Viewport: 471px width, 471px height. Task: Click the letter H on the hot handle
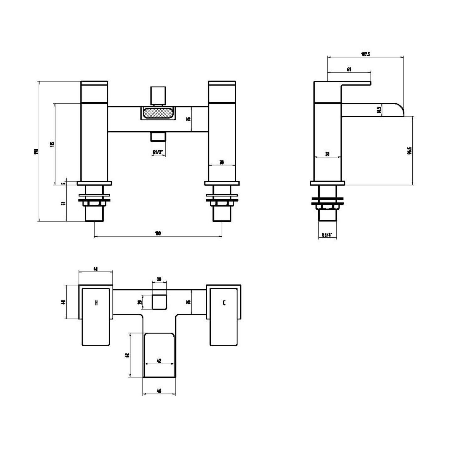[x=96, y=303]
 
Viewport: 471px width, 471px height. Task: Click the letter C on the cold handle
[x=224, y=303]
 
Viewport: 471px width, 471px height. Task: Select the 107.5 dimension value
[x=365, y=54]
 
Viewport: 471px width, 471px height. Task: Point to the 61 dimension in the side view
[x=349, y=69]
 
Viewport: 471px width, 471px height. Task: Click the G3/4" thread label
[x=327, y=235]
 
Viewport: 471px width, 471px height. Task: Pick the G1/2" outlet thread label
[x=158, y=152]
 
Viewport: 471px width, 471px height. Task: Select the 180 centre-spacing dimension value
[x=158, y=233]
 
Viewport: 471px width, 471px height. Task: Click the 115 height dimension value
[x=52, y=144]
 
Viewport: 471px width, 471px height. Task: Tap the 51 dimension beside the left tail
[x=63, y=203]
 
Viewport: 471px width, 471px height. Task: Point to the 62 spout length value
[x=127, y=355]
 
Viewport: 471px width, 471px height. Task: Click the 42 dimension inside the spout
[x=159, y=361]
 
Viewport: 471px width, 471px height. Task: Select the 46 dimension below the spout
[x=159, y=391]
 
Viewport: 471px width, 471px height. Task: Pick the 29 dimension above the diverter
[x=159, y=279]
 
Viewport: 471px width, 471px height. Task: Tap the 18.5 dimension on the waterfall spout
[x=379, y=110]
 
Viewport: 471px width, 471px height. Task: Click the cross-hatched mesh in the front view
[x=158, y=113]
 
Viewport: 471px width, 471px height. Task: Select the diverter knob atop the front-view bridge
[x=158, y=95]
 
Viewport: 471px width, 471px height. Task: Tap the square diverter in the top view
[x=159, y=302]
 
